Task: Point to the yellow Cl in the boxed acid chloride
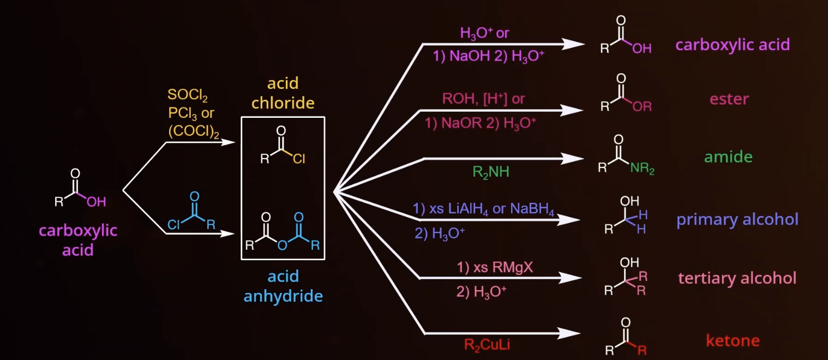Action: (299, 160)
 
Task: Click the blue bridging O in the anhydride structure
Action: (282, 245)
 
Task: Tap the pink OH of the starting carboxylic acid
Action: (97, 202)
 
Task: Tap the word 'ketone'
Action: (733, 341)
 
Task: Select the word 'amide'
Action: (728, 157)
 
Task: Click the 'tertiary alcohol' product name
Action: (737, 278)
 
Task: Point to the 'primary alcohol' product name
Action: (737, 219)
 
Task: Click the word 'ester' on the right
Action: (729, 99)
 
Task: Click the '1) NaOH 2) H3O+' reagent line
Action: (489, 57)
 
